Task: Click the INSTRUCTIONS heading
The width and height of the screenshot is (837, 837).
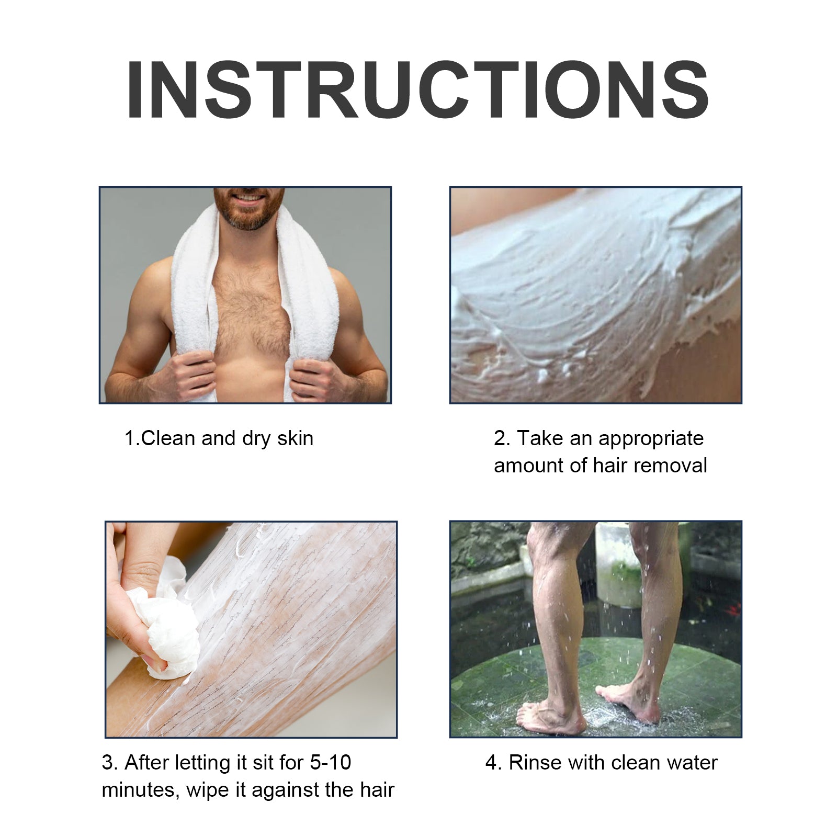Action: (417, 90)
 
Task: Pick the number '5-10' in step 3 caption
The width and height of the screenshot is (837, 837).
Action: (330, 763)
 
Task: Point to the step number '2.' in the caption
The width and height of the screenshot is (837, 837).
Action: (502, 438)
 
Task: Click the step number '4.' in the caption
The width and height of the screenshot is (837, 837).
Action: (494, 763)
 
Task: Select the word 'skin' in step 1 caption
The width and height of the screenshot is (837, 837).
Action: (296, 438)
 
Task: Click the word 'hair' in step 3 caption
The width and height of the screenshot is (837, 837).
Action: (377, 790)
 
